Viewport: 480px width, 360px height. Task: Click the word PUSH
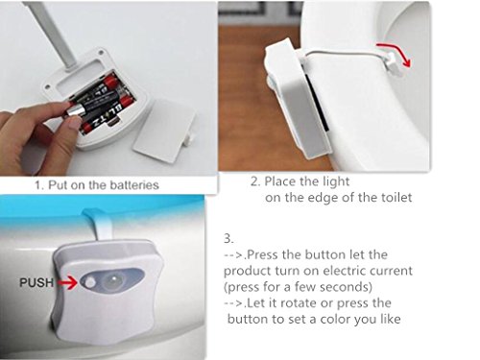click(x=36, y=282)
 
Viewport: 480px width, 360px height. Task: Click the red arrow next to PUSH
click(x=67, y=283)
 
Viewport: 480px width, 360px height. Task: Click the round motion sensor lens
click(x=112, y=281)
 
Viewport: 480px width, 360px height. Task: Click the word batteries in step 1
click(x=134, y=185)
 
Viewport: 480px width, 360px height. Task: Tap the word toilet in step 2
click(x=396, y=197)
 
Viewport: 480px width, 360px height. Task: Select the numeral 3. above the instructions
click(x=228, y=238)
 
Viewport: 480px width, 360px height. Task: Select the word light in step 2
click(x=335, y=182)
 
